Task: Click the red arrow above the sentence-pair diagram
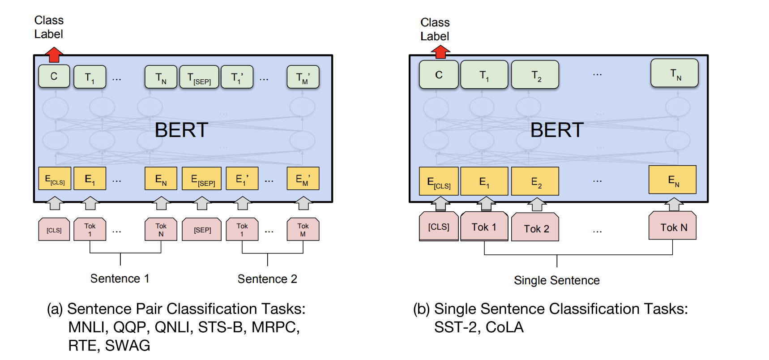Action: (x=54, y=55)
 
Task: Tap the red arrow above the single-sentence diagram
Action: (x=440, y=52)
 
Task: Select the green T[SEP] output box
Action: (x=199, y=77)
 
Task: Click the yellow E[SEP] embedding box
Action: (x=202, y=179)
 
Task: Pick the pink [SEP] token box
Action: (x=202, y=229)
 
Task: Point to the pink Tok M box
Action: (x=303, y=229)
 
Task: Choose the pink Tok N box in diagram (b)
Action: (x=672, y=226)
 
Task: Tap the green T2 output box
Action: (x=535, y=75)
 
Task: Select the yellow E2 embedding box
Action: (x=535, y=181)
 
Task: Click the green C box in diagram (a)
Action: (x=54, y=77)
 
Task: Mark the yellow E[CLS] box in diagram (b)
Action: (x=439, y=181)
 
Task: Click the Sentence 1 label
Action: (x=120, y=279)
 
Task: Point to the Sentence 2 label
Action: (x=267, y=279)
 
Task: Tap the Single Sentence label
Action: (x=556, y=280)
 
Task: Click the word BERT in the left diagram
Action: (x=181, y=130)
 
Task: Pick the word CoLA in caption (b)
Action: (x=504, y=327)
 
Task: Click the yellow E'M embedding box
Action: (x=303, y=179)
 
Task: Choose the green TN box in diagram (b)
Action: (x=675, y=73)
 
